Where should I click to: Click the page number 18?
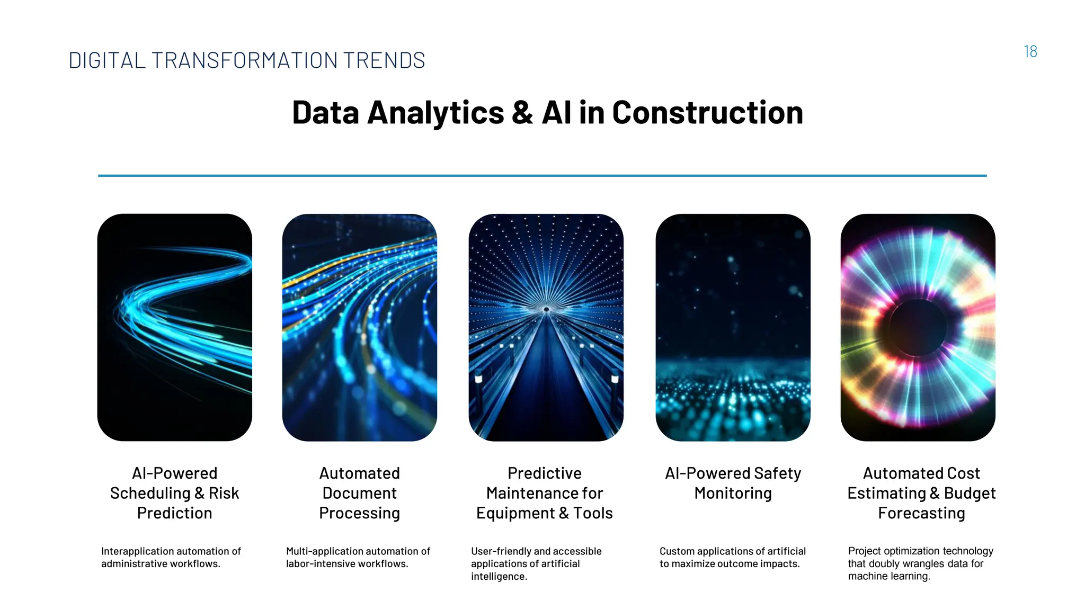point(1030,52)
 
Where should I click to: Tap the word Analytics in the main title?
point(435,113)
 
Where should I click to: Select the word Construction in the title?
point(707,113)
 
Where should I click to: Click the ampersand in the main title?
point(522,113)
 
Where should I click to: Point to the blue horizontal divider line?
point(542,175)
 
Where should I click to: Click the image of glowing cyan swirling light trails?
point(175,327)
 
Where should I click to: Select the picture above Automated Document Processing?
point(360,327)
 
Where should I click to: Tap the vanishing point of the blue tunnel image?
point(546,309)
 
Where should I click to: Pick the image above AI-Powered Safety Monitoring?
point(733,327)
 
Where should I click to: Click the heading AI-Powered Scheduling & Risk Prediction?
point(174,493)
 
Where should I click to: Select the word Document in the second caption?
point(359,493)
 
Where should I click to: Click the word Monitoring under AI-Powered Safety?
point(733,493)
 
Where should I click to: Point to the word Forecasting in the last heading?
point(921,513)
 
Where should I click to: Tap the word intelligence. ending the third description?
point(499,577)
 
